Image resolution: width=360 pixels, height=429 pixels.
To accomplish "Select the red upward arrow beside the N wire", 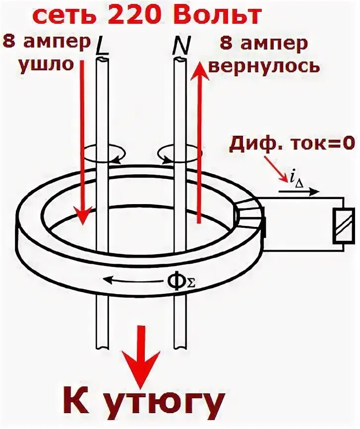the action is tap(198, 144).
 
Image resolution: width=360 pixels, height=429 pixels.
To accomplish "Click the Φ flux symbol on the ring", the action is tap(178, 280).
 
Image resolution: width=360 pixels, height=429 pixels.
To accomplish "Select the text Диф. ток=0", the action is tap(292, 144).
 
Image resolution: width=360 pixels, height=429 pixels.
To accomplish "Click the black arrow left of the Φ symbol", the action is tap(133, 281).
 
